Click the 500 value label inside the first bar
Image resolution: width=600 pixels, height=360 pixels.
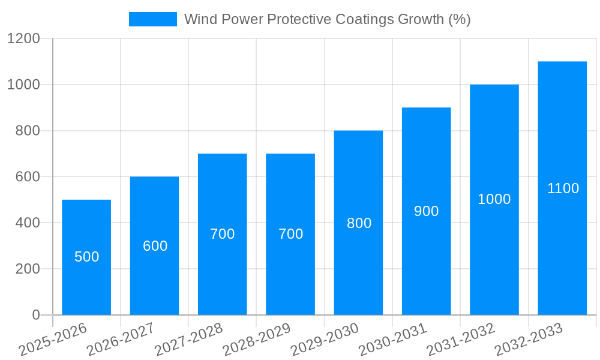point(86,257)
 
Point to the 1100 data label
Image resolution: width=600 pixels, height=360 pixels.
point(563,188)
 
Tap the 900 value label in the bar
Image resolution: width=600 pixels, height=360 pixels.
point(427,211)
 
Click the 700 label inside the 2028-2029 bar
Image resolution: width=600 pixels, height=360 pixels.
point(290,234)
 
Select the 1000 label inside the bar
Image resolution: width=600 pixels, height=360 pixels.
point(494,199)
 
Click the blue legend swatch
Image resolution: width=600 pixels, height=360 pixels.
point(153,19)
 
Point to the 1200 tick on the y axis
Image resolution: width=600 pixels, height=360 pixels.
point(23,39)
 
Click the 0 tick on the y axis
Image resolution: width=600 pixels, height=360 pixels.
point(35,315)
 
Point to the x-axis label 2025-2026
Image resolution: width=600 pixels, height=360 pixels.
point(53,340)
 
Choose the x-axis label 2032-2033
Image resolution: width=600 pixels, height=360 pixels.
point(529,340)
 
